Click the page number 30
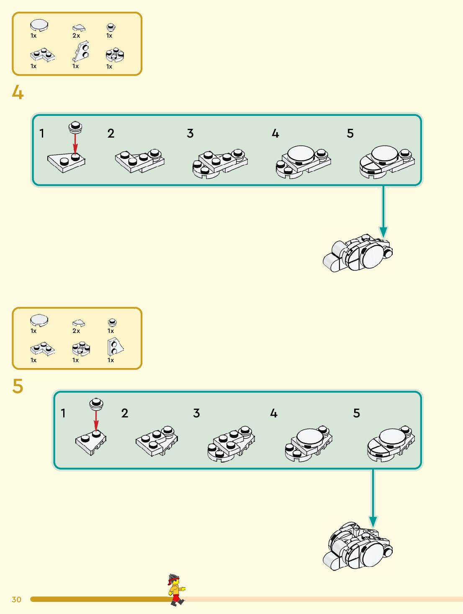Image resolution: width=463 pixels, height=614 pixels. [x=16, y=599]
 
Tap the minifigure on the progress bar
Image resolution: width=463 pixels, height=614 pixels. [x=176, y=590]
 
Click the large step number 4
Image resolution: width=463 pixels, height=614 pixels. [x=18, y=92]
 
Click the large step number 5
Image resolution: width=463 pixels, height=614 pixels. [x=18, y=386]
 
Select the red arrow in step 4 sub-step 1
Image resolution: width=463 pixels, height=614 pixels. [x=75, y=145]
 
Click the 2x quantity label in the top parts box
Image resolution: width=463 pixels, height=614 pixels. [x=76, y=36]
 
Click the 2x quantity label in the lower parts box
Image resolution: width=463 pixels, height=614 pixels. [x=76, y=331]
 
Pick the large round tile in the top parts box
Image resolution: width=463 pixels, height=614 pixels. [x=39, y=25]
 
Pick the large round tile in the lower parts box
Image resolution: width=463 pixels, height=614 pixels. [x=39, y=320]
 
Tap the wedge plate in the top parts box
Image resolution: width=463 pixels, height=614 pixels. [x=81, y=51]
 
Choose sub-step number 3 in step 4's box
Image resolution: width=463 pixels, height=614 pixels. [x=190, y=133]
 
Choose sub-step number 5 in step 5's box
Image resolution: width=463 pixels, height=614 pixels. [x=356, y=413]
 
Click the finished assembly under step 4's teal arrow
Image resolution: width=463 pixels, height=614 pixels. [x=358, y=253]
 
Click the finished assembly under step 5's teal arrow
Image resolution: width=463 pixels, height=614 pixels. [x=358, y=546]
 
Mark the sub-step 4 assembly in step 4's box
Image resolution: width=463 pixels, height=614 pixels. [x=303, y=161]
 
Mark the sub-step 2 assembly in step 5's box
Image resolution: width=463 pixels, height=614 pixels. [x=157, y=441]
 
